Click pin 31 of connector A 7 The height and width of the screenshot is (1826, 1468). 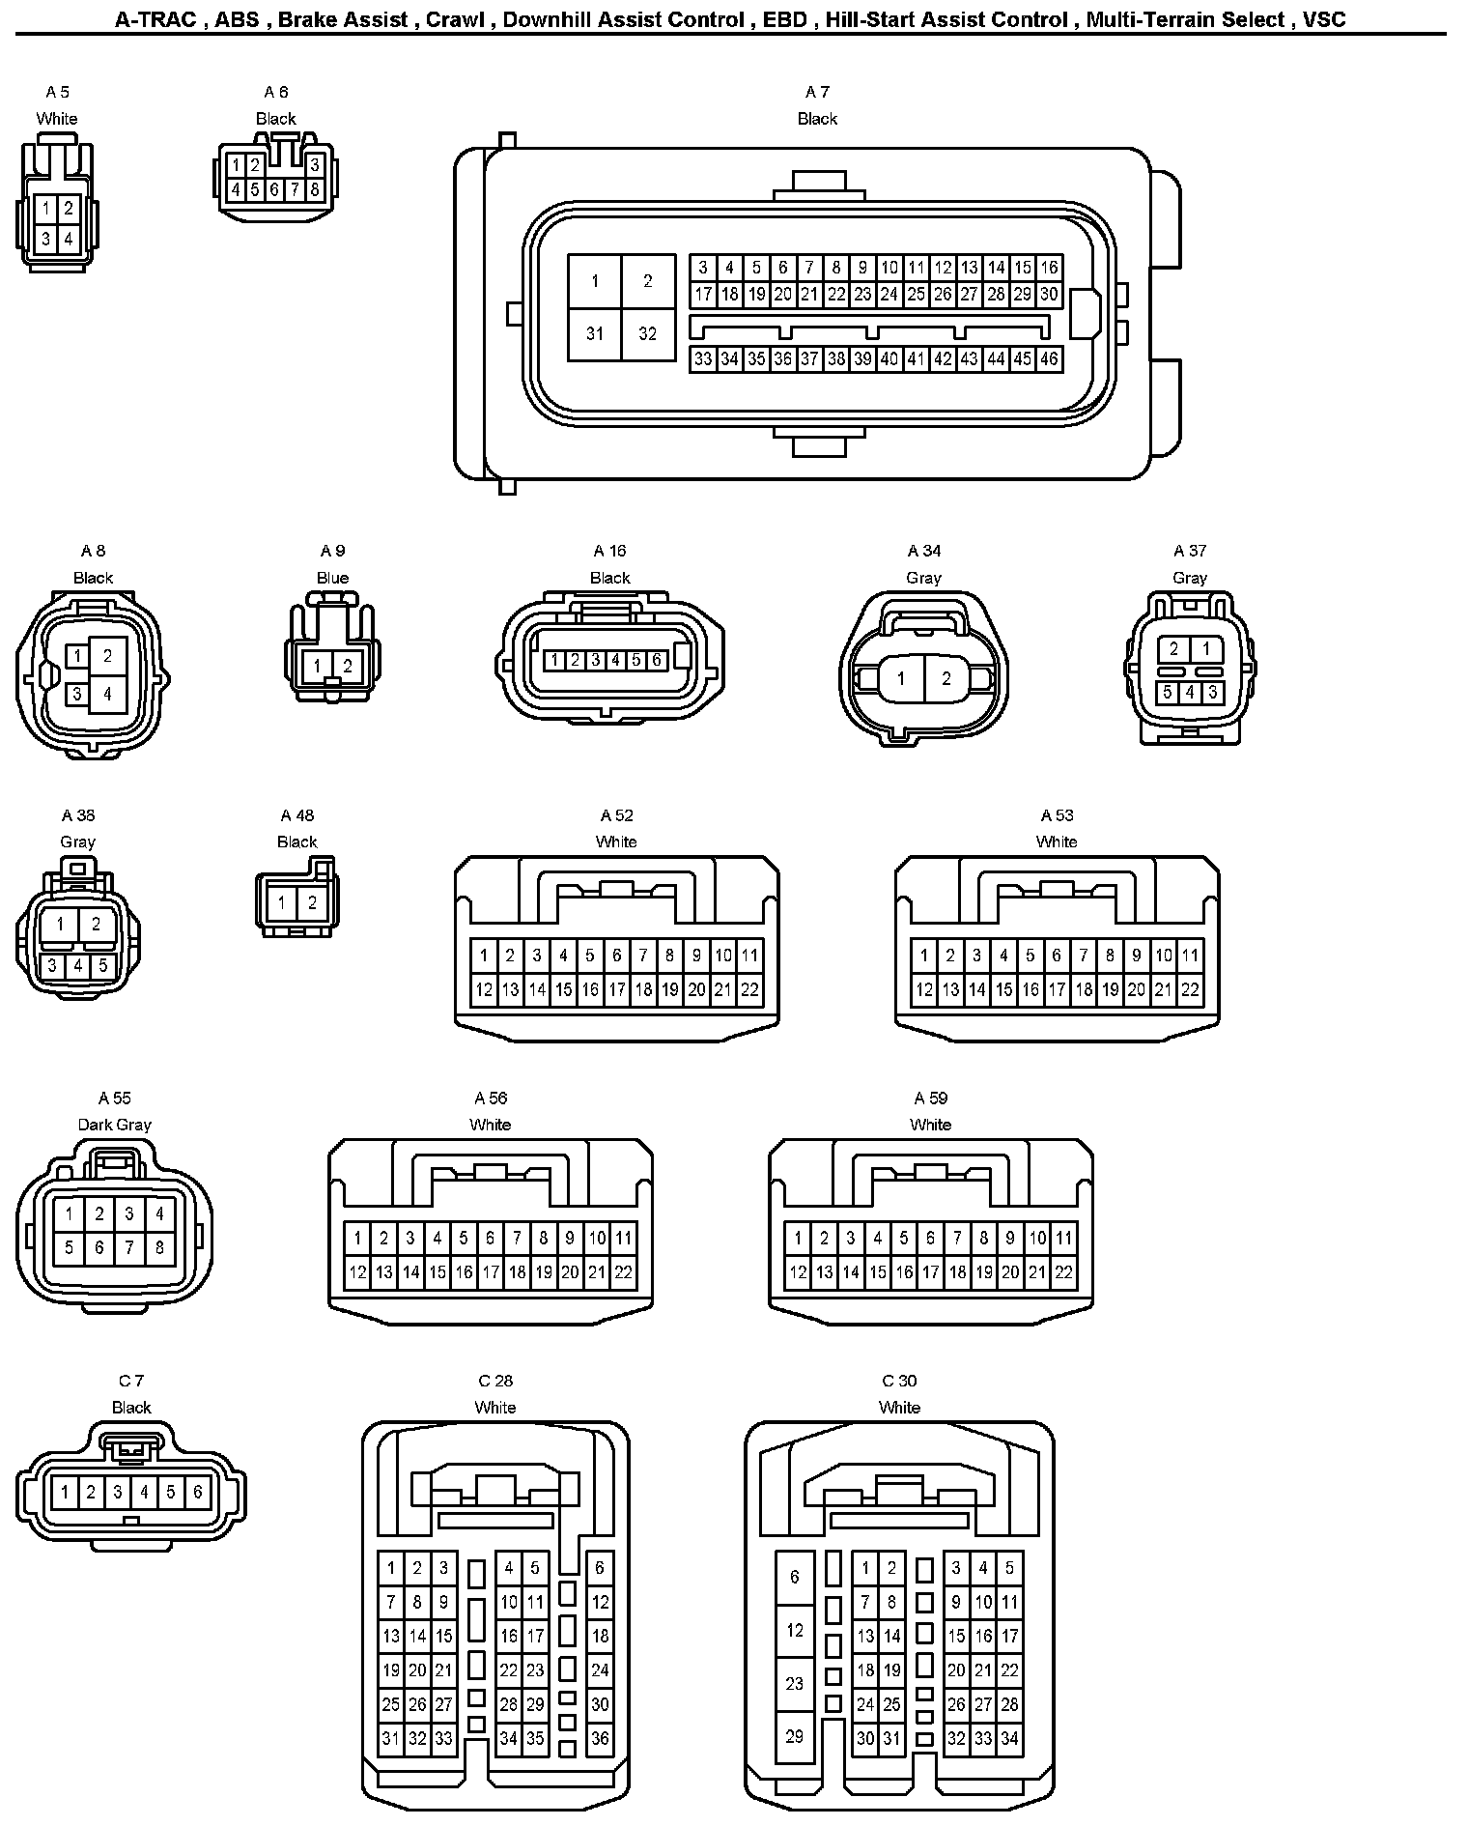point(594,333)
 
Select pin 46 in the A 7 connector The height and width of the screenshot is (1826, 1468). point(1049,359)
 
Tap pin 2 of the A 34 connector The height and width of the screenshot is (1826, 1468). point(946,678)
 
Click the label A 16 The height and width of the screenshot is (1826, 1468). point(609,551)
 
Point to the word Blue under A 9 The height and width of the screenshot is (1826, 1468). point(332,578)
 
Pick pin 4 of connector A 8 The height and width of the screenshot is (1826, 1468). point(107,693)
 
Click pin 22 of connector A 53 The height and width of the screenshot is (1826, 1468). point(1190,989)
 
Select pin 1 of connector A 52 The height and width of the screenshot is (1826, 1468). point(484,956)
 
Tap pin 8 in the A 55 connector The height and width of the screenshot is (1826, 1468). point(159,1247)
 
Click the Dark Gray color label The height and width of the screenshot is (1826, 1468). point(114,1125)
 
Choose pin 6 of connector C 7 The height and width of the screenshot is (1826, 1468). point(197,1492)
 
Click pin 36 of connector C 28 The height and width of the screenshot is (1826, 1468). point(600,1738)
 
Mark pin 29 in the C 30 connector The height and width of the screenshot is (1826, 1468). point(794,1736)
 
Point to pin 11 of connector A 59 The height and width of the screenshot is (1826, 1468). point(1063,1238)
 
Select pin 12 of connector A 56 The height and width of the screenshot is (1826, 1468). point(357,1272)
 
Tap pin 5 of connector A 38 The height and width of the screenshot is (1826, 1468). point(102,965)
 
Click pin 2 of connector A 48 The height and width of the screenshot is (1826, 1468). point(312,903)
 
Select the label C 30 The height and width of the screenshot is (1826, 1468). point(899,1381)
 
